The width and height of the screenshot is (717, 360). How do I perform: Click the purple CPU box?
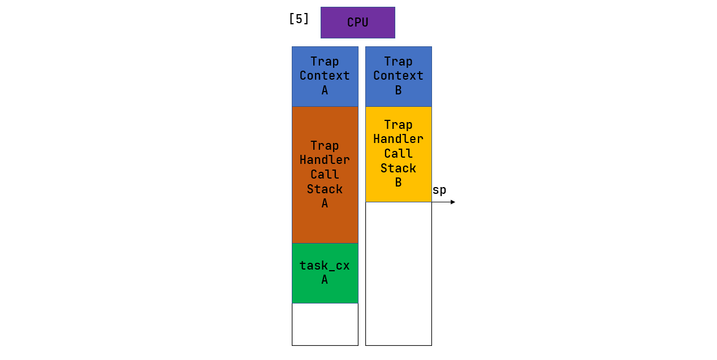(x=357, y=23)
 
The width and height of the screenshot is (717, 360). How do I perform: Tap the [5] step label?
(x=299, y=19)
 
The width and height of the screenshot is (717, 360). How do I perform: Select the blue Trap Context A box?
(x=325, y=76)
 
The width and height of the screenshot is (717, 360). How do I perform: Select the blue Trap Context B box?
(x=398, y=76)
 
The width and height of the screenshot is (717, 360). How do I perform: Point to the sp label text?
(x=439, y=190)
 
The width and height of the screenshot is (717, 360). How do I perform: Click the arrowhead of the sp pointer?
(x=452, y=202)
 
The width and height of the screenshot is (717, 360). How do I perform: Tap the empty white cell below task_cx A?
(x=325, y=324)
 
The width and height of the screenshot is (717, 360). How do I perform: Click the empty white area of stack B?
(x=398, y=274)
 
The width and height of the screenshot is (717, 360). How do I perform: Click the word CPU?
(x=357, y=23)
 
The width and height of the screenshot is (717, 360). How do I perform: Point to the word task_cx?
(x=325, y=266)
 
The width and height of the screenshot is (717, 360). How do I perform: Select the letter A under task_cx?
(x=325, y=280)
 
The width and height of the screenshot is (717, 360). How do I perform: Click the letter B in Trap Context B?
(x=398, y=90)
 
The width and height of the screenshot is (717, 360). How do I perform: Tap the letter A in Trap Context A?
(x=325, y=90)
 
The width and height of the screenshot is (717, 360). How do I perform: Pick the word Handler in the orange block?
(x=325, y=160)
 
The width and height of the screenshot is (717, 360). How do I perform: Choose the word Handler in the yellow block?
(x=398, y=139)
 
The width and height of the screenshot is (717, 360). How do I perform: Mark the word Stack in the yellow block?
(x=398, y=168)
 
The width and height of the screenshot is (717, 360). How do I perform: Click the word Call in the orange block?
(x=325, y=175)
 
